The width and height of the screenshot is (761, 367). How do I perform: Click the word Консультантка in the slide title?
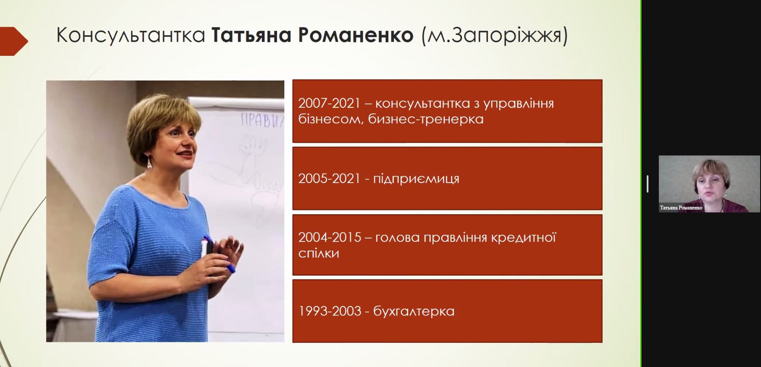[131, 35]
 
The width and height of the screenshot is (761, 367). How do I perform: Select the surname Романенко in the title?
[356, 35]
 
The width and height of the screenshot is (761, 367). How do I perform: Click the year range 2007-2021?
[329, 103]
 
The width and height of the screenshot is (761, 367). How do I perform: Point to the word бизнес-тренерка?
[426, 119]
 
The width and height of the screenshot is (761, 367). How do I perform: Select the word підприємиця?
[416, 179]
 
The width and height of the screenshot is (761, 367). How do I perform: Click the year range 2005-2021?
[329, 178]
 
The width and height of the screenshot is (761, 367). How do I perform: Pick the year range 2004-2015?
[329, 237]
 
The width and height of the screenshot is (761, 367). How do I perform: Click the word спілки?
[319, 253]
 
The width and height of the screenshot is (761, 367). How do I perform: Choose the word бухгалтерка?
[414, 311]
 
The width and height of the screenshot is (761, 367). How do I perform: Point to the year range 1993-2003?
[329, 311]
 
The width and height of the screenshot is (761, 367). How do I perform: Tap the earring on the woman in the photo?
[149, 163]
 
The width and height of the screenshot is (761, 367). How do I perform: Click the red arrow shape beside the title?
[14, 41]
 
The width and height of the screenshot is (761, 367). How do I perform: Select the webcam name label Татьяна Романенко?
[681, 208]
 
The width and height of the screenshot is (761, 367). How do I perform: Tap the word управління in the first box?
[518, 104]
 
